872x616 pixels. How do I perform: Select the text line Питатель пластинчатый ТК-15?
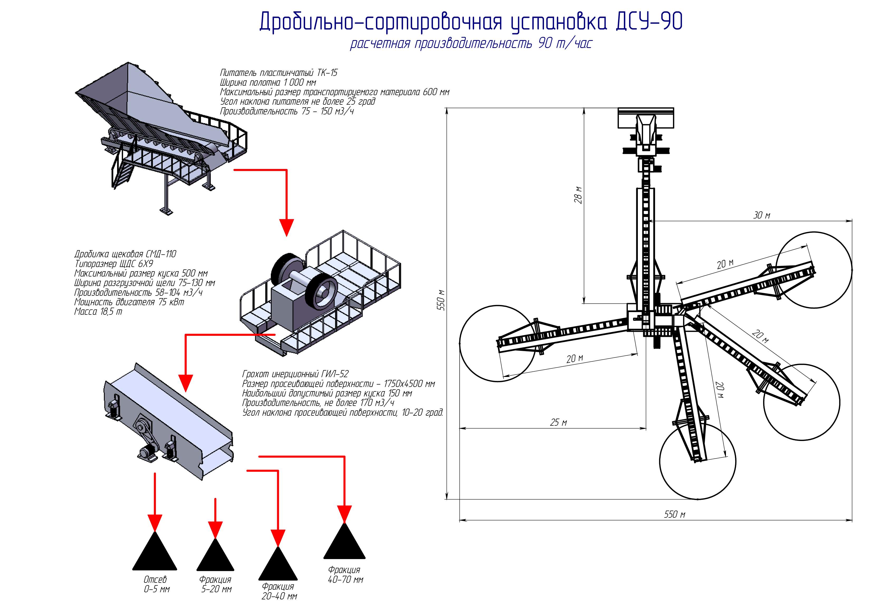pyautogui.click(x=278, y=73)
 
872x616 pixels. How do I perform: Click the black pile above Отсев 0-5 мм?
pyautogui.click(x=155, y=554)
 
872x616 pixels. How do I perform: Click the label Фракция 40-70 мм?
pyautogui.click(x=345, y=575)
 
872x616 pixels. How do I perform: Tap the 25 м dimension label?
pyautogui.click(x=558, y=423)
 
